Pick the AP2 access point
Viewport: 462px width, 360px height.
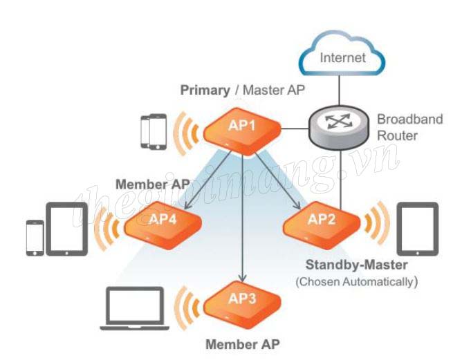click(322, 222)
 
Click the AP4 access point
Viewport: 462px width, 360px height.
click(164, 222)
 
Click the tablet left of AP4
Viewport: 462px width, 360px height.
click(66, 227)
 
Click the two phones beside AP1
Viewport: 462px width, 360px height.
click(154, 131)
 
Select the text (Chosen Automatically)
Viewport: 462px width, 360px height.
click(356, 282)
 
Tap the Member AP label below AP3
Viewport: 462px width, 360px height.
click(243, 343)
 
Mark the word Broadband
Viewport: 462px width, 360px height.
click(409, 120)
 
